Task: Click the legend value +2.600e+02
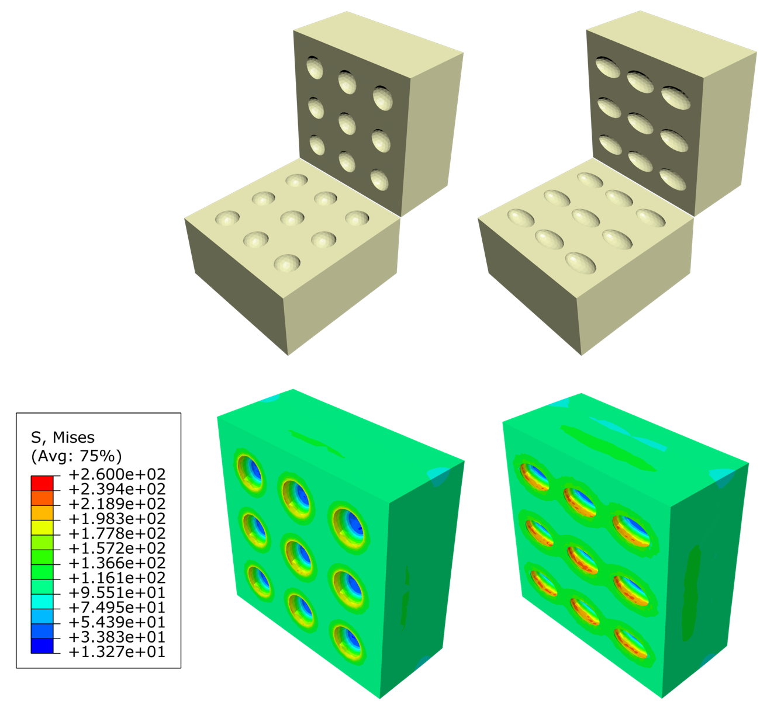[117, 474]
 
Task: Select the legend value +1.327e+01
[117, 652]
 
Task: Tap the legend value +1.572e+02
[117, 548]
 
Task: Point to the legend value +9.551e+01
[117, 592]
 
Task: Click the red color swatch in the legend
[42, 483]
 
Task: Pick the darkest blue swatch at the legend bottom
[42, 646]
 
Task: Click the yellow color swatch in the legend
[42, 527]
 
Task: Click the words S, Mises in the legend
[63, 438]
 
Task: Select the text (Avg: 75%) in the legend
[77, 456]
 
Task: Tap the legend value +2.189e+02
[117, 504]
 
